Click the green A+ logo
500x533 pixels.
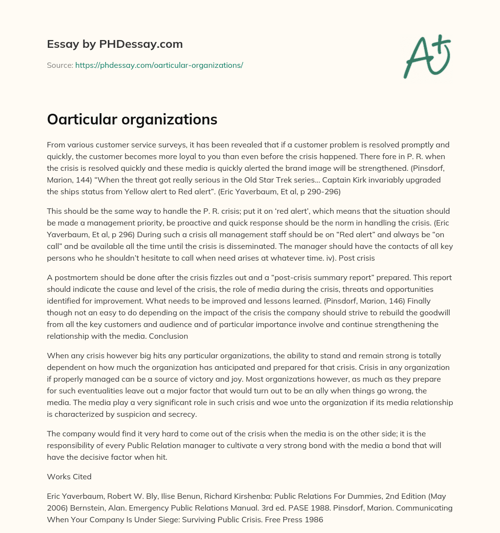(426, 56)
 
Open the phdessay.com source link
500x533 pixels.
(159, 65)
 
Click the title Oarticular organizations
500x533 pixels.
(132, 120)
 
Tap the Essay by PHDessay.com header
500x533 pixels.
(115, 44)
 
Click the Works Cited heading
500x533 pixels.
(69, 476)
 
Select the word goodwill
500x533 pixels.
(435, 312)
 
